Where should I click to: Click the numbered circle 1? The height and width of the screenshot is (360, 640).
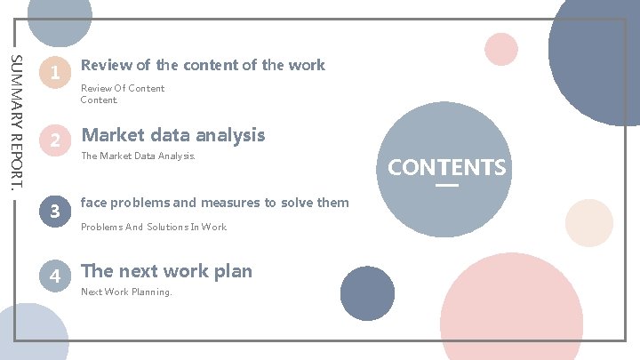click(55, 74)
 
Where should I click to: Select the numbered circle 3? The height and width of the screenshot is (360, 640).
click(55, 212)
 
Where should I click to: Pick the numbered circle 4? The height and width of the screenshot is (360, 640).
click(55, 276)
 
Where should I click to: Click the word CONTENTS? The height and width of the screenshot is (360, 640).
click(447, 167)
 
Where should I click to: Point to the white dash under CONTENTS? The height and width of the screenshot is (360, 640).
click(447, 185)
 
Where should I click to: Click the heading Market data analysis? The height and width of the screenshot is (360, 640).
click(173, 135)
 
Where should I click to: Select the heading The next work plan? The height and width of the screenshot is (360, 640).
click(167, 271)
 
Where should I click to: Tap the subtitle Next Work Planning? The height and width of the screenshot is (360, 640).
click(126, 292)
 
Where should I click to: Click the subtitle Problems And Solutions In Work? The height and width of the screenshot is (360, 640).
click(154, 227)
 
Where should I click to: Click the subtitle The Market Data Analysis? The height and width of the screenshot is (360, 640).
click(137, 156)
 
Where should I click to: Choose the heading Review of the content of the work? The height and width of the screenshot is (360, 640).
click(203, 65)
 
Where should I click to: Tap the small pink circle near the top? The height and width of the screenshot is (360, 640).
click(501, 49)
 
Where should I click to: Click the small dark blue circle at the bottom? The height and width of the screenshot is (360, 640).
click(367, 293)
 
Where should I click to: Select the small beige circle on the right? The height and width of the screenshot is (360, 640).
click(588, 223)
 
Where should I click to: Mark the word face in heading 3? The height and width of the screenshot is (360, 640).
click(95, 203)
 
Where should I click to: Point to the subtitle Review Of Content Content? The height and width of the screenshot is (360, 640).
click(123, 94)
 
